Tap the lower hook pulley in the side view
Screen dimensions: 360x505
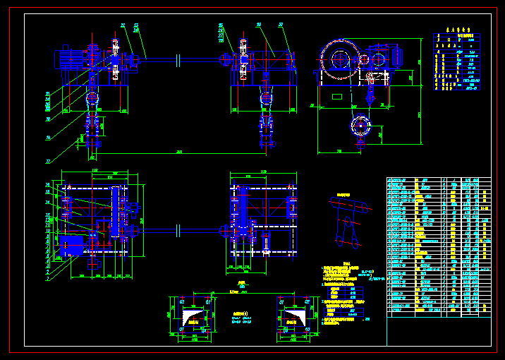[x=360, y=126]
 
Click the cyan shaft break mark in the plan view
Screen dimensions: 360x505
[x=181, y=229]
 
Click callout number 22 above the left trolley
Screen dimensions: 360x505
[x=123, y=25]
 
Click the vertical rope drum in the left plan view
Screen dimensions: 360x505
[x=114, y=212]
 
